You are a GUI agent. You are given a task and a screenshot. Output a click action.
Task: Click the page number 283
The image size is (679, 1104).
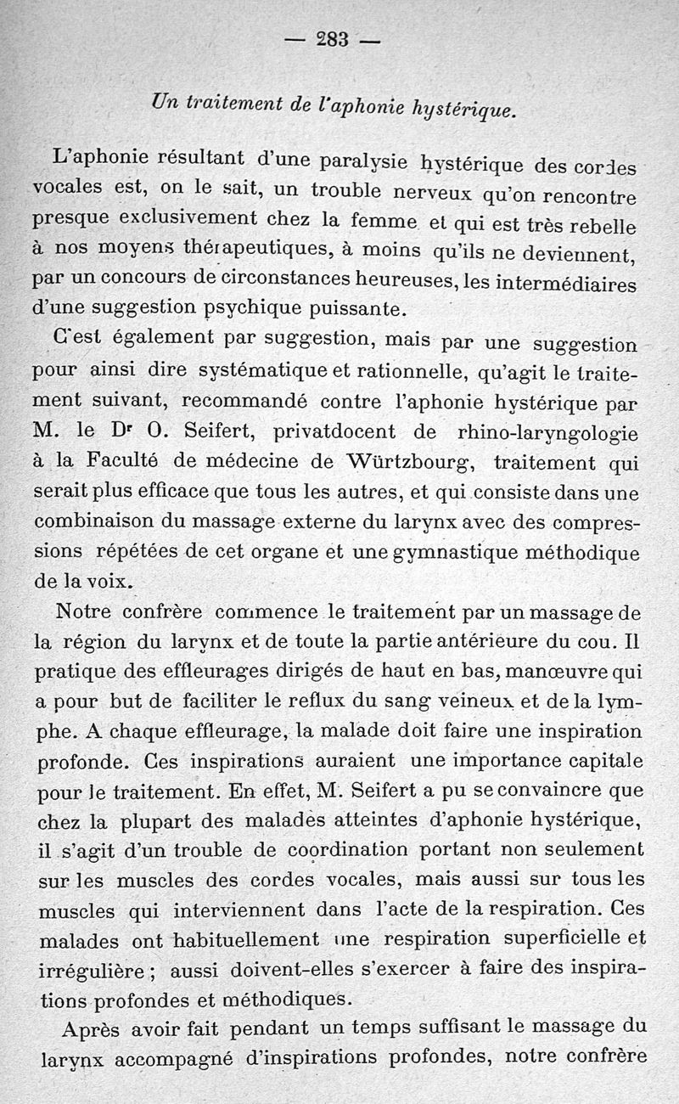pos(332,38)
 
